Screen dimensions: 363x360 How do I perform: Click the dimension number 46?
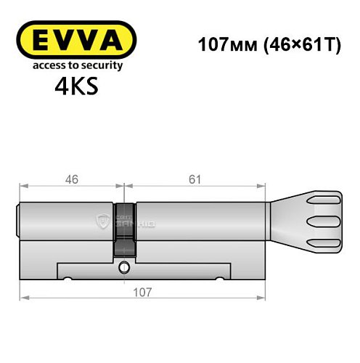click(67, 179)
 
